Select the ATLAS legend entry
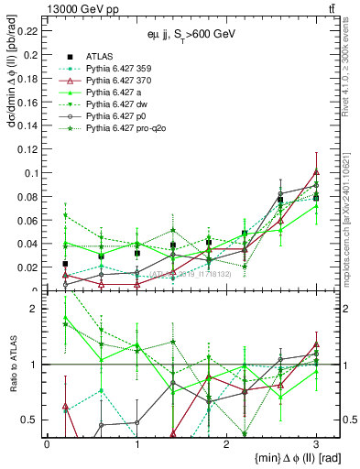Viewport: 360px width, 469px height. point(103,56)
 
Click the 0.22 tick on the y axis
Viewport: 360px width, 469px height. point(29,30)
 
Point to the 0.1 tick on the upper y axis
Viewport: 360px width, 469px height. point(33,172)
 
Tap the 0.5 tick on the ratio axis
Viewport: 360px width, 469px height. point(33,420)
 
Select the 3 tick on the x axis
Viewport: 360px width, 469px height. point(316,443)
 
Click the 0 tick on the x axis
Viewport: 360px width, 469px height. point(47,443)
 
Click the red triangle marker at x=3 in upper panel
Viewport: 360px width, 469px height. point(316,171)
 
